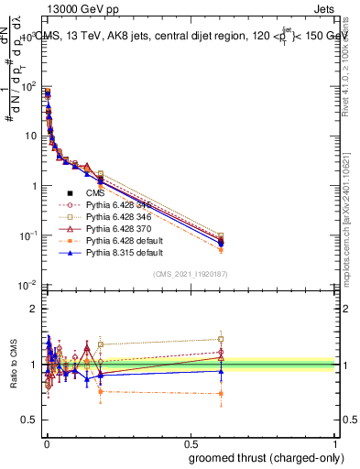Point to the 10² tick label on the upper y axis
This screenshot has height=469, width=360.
coord(27,86)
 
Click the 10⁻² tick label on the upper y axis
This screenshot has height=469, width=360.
coord(27,285)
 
